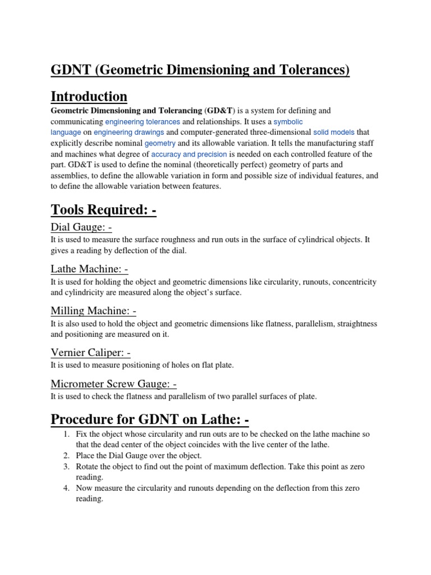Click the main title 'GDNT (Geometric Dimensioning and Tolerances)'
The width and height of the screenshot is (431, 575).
pyautogui.click(x=200, y=70)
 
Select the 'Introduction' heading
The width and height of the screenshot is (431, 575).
pyautogui.click(x=89, y=96)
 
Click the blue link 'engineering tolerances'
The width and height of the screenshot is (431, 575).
pyautogui.click(x=143, y=122)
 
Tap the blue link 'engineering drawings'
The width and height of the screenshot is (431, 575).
pyautogui.click(x=129, y=133)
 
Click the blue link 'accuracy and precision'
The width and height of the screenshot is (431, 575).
pyautogui.click(x=189, y=154)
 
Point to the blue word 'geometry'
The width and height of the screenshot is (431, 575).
pyautogui.click(x=160, y=143)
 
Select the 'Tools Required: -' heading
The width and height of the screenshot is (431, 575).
pyautogui.click(x=103, y=210)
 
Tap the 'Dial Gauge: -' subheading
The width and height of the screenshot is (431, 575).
pyautogui.click(x=81, y=227)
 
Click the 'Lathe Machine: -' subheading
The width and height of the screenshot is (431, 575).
pyautogui.click(x=89, y=270)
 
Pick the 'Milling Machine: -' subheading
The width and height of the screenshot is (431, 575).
pyautogui.click(x=93, y=311)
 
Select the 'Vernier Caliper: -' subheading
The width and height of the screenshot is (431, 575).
pyautogui.click(x=91, y=353)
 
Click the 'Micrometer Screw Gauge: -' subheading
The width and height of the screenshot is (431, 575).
pyautogui.click(x=114, y=384)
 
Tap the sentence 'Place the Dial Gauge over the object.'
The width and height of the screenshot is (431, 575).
pyautogui.click(x=139, y=456)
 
